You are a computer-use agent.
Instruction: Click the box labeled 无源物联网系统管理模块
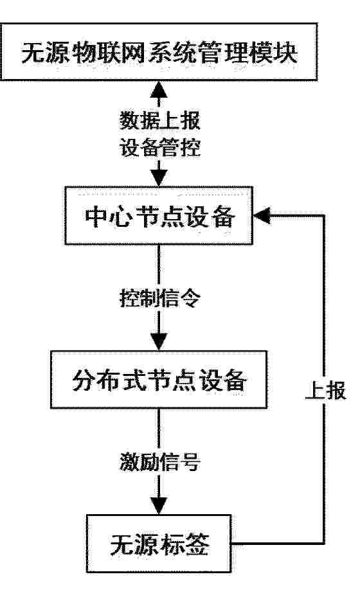pos(159,52)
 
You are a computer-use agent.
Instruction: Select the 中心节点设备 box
pos(159,215)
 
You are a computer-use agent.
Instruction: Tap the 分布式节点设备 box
pos(159,380)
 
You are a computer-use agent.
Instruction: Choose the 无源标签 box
pos(159,544)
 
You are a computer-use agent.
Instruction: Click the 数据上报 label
pos(159,121)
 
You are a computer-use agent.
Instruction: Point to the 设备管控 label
pos(159,147)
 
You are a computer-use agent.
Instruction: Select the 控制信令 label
pos(159,298)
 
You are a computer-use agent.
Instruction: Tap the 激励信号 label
pos(159,461)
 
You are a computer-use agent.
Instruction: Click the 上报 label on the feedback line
pos(326,390)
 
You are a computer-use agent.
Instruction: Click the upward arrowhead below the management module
pos(159,89)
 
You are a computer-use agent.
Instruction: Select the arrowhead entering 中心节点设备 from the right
pos(262,215)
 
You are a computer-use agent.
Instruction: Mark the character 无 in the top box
pos(33,53)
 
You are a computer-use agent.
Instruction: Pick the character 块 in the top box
pos(285,53)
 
